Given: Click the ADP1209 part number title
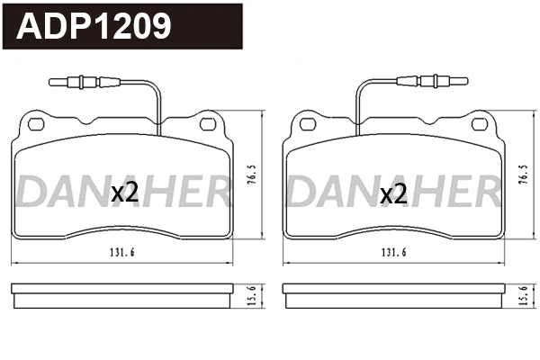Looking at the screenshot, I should click(x=95, y=26).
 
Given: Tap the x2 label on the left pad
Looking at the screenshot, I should click(x=124, y=193).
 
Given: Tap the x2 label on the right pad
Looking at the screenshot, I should click(x=394, y=193).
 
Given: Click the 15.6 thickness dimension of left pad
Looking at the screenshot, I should click(x=254, y=293).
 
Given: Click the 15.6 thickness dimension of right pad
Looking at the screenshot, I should click(x=524, y=293).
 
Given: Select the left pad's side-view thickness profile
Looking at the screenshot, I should click(x=122, y=293).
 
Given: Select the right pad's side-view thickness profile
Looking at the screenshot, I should click(x=393, y=293).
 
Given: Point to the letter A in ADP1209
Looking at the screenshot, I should click(x=32, y=27).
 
